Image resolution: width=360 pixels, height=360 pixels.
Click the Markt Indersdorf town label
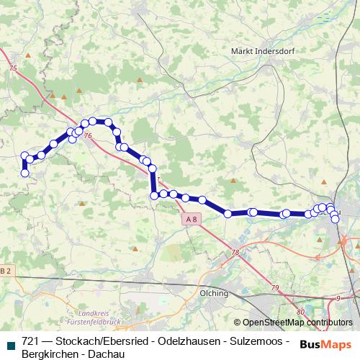point(261,51)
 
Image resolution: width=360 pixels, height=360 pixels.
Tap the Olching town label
point(214,293)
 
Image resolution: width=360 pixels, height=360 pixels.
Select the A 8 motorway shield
point(190,219)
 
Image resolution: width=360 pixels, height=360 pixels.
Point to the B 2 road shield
point(6,270)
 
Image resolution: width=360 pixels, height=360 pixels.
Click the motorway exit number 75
point(12,67)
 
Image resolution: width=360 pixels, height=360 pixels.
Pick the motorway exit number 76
point(88,135)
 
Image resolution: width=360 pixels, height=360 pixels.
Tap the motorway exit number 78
point(235,252)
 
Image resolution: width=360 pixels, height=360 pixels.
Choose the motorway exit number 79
point(274,287)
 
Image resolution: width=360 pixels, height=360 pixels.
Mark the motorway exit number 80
point(300,311)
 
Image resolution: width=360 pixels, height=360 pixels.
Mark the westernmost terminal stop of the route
point(25,173)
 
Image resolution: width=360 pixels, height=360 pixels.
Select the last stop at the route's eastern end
point(336,220)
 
